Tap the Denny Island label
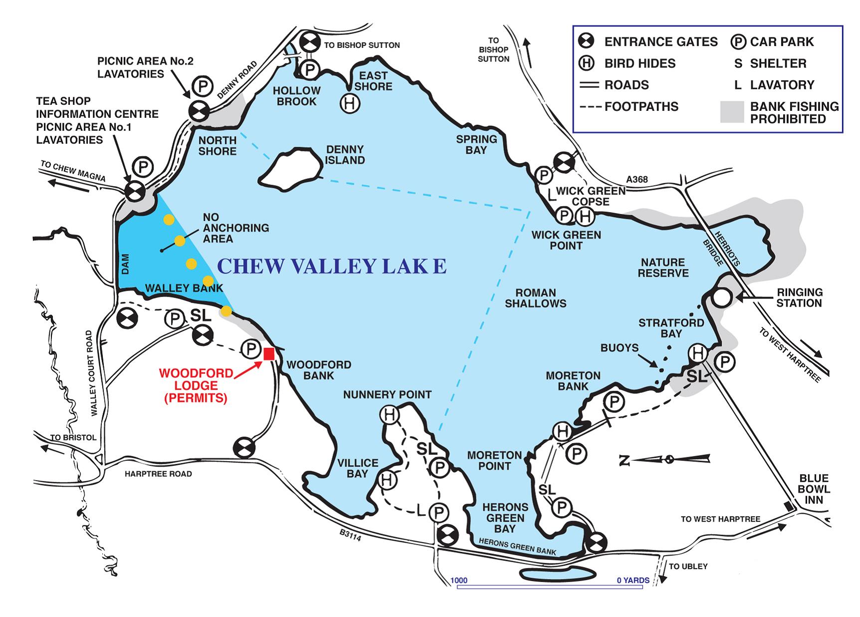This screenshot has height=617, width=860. tap(345, 155)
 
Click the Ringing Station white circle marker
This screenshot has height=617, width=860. tap(722, 298)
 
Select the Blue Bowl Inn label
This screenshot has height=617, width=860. tap(813, 489)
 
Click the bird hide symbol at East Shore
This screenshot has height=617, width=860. tap(350, 104)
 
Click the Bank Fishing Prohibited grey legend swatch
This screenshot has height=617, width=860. tap(732, 112)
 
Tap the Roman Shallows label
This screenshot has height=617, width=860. tap(535, 298)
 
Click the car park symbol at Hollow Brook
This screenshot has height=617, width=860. tap(310, 69)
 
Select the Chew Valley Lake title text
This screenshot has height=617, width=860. tap(332, 266)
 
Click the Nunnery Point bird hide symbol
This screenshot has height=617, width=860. tap(390, 414)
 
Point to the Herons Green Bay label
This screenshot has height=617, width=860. tap(505, 518)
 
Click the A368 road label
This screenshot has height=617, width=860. tap(637, 180)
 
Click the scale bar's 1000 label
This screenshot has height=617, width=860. tap(459, 580)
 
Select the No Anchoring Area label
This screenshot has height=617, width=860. tap(235, 228)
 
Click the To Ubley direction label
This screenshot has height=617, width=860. tap(688, 566)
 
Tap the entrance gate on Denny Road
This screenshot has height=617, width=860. tap(198, 111)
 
